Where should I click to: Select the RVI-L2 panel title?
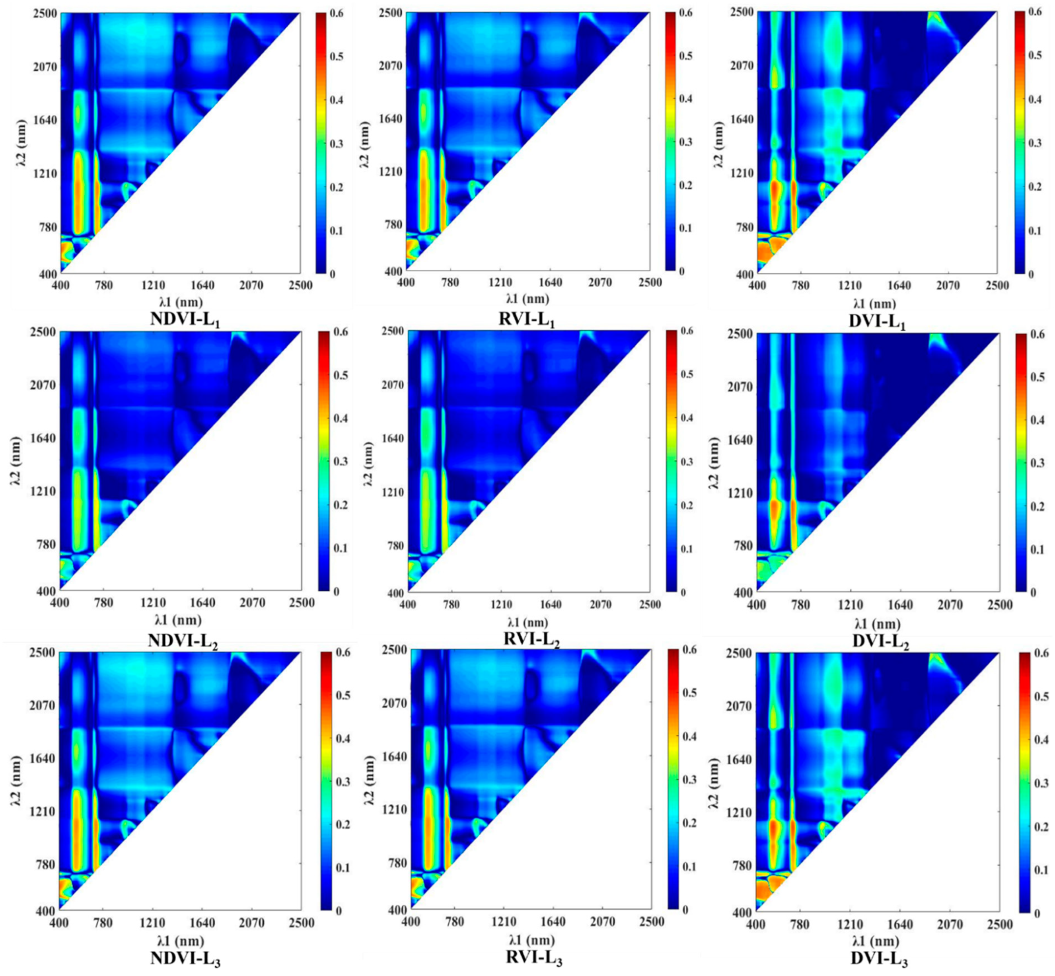pos(531,639)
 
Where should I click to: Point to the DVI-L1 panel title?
pos(877,321)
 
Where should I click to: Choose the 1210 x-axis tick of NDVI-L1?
pos(153,286)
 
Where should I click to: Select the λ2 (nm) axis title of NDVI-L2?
pos(16,462)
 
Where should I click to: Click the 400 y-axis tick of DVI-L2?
pos(743,592)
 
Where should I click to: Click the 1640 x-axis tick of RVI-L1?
pos(550,282)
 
